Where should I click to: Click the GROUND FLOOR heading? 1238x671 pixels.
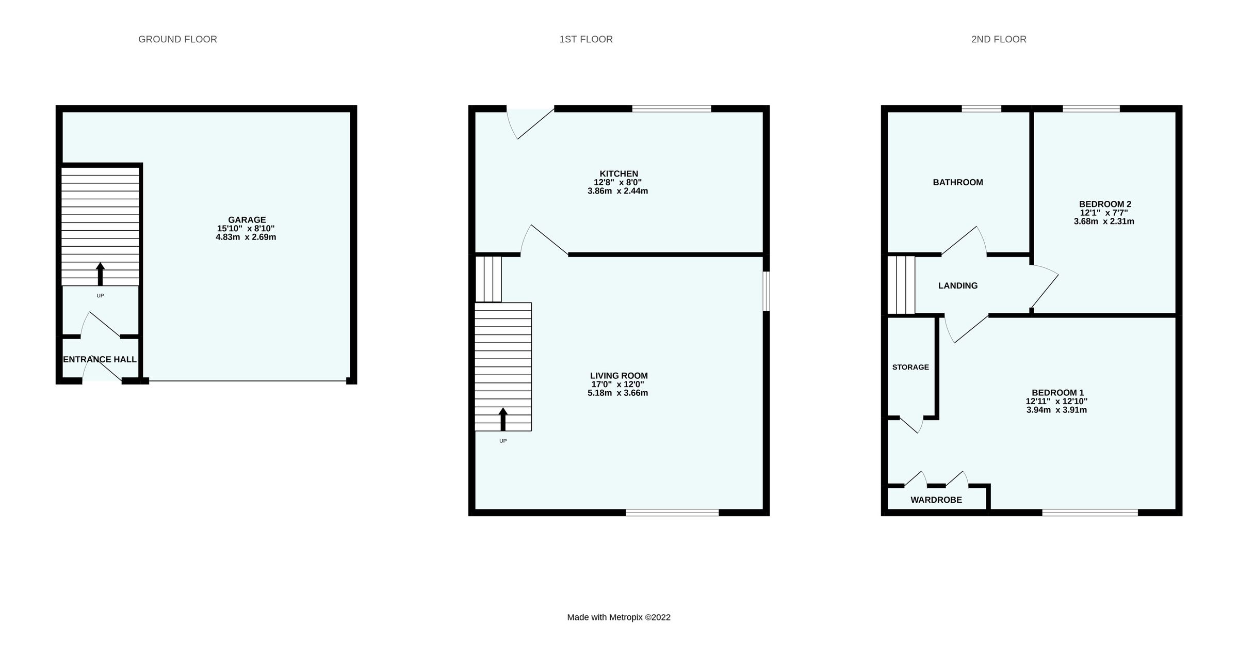(177, 39)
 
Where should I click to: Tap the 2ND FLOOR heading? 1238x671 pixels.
(999, 39)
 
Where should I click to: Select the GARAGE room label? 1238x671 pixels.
(247, 220)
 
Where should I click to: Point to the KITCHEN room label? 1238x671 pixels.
(618, 174)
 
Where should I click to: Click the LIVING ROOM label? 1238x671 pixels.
(618, 376)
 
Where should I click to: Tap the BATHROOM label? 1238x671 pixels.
(958, 182)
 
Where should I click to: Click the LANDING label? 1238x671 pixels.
(958, 285)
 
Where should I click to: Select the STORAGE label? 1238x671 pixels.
(910, 367)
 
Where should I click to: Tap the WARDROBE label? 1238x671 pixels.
(936, 500)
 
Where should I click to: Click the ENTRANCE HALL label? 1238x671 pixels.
(100, 359)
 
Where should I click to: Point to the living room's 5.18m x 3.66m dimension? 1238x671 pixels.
(618, 393)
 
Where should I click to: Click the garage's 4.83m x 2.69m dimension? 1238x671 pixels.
(246, 237)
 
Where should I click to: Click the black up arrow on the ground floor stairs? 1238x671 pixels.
(100, 274)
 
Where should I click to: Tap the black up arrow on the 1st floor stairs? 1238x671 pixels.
(503, 419)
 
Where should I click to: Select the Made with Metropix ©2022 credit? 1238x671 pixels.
(618, 617)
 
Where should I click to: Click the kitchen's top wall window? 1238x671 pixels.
(672, 108)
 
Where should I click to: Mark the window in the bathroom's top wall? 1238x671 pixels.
(981, 108)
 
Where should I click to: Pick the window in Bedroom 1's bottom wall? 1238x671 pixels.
(1090, 513)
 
